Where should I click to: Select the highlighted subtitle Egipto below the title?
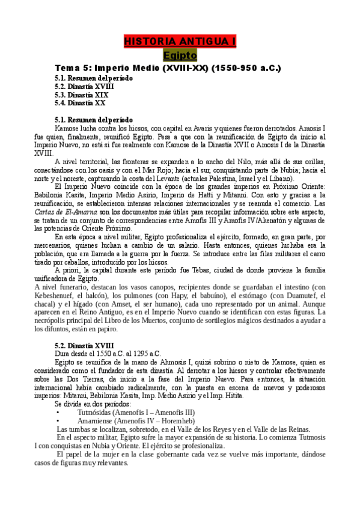coord(180,55)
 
